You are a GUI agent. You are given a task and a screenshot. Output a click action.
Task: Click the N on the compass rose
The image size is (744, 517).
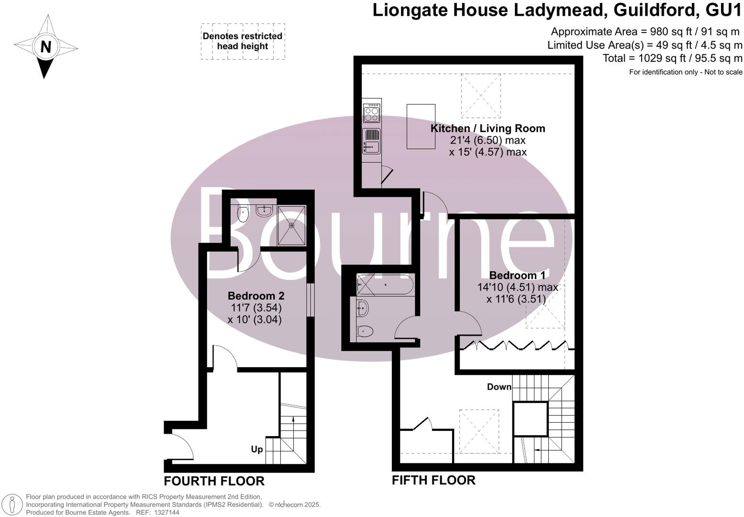[45, 47]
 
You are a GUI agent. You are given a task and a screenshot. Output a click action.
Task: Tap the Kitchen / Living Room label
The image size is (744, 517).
[488, 128]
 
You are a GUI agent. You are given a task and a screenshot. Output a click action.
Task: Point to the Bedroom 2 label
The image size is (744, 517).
[253, 296]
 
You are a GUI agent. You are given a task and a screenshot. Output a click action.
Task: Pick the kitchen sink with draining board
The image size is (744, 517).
[372, 141]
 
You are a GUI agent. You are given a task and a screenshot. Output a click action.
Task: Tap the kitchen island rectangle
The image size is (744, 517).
[421, 126]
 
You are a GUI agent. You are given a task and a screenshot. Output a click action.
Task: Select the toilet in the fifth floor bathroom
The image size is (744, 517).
[365, 331]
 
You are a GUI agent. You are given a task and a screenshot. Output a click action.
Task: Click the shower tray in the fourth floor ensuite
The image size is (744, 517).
[291, 225]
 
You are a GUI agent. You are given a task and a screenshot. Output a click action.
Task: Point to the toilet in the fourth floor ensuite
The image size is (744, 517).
[244, 214]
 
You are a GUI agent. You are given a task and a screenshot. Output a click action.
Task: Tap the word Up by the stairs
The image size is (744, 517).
[257, 450]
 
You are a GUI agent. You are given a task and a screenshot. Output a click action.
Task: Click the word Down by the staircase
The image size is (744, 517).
[499, 387]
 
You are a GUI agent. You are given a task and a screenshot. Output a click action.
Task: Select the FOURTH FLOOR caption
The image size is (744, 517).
[214, 481]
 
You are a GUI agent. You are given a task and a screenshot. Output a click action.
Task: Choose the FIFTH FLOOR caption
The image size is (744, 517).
[433, 480]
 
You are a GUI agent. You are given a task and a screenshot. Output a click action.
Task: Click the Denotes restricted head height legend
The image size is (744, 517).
[243, 41]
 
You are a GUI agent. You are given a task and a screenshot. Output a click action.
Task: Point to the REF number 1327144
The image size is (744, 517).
[165, 513]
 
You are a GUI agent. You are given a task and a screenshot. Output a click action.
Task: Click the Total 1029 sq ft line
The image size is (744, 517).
[672, 58]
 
